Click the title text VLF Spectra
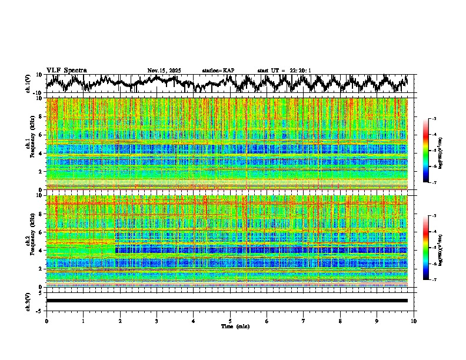(x=66, y=70)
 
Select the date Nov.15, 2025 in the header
(x=164, y=71)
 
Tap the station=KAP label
(x=218, y=71)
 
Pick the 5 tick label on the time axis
(x=230, y=321)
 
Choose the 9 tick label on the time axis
(x=377, y=321)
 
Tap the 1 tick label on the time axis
(x=83, y=321)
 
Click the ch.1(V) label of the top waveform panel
(x=28, y=84)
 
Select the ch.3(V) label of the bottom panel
(x=28, y=300)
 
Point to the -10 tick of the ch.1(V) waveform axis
(x=37, y=92)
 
